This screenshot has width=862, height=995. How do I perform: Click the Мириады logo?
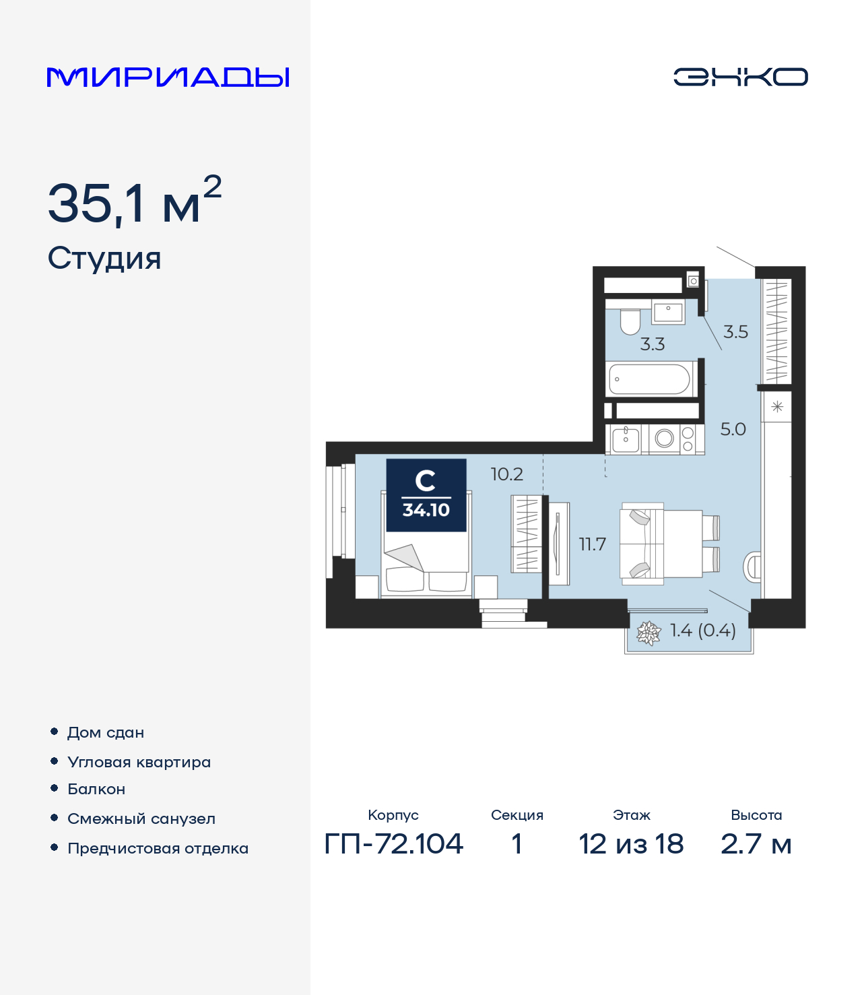coord(168,77)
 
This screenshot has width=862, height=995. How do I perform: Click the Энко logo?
coord(740,77)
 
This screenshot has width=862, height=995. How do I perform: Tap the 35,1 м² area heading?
coord(134,201)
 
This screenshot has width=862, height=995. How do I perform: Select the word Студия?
coord(104,259)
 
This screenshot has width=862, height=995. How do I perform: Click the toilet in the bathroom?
coord(630,322)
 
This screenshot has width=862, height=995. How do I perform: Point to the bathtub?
coord(650,379)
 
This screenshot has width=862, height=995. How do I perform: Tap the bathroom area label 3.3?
coord(652,344)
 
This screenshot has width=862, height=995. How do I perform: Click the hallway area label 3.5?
coord(735,331)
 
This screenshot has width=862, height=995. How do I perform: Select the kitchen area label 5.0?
coord(733,429)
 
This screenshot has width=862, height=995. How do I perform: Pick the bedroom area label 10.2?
coord(506,474)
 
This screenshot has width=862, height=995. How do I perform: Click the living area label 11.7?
coord(593,544)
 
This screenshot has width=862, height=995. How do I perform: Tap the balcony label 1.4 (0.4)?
coord(702,631)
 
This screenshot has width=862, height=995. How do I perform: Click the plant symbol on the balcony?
coord(649,633)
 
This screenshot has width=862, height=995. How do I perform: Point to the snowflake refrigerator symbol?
coord(777,407)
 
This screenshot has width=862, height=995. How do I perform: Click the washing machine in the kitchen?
coord(664,439)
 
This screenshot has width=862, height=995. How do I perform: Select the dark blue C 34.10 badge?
coord(426,495)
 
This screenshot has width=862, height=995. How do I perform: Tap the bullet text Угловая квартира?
coord(139,762)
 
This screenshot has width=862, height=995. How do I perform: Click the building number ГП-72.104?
coord(394,843)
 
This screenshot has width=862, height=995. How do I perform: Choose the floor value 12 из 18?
coord(631,843)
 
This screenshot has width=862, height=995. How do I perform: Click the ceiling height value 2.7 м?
coord(756,843)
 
